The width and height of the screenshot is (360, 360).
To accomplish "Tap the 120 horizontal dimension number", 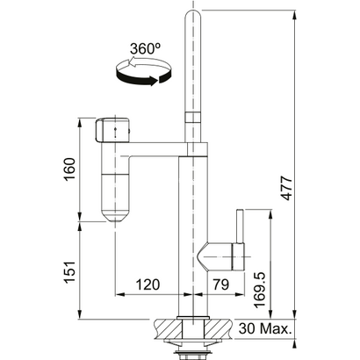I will [x=148, y=285].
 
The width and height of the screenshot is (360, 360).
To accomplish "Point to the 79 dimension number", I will [x=220, y=285].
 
